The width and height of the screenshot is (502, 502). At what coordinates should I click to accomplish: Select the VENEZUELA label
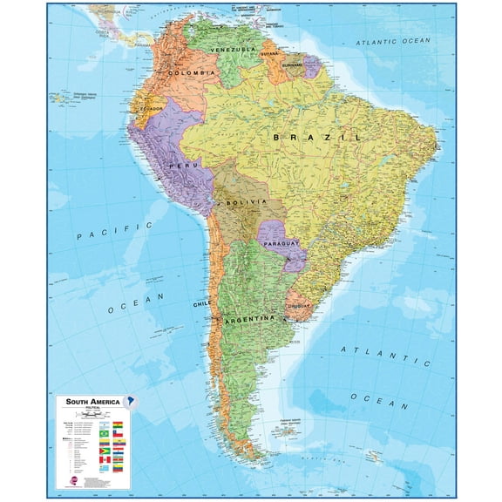click(233, 50)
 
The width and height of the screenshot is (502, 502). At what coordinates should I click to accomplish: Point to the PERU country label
click(189, 165)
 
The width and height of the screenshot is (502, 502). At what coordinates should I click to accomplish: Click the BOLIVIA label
click(239, 202)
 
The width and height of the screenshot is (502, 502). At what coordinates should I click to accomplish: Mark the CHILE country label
click(202, 304)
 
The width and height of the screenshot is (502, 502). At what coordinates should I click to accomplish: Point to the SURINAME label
click(292, 64)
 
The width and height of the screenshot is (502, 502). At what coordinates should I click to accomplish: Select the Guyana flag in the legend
click(105, 450)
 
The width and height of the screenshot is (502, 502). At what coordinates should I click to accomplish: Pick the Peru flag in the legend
click(105, 459)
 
